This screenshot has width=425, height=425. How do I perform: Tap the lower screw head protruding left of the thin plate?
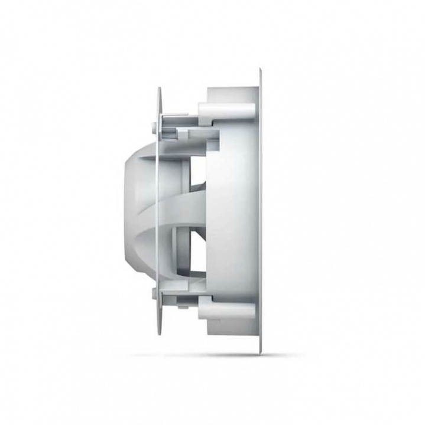pyautogui.click(x=152, y=295)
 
